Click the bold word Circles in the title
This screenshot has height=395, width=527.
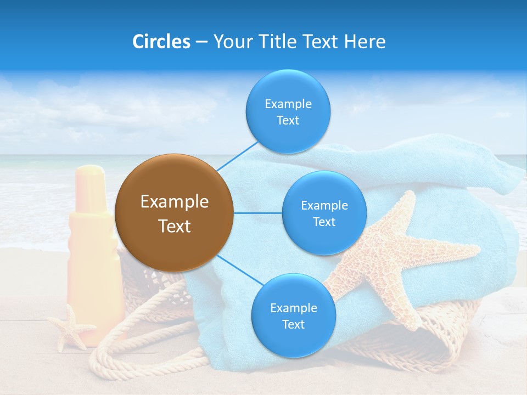click(x=161, y=42)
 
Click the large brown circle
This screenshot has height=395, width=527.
click(x=174, y=213)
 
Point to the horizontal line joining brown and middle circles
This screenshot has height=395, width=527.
click(x=257, y=213)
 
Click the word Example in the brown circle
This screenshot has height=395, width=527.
click(x=174, y=201)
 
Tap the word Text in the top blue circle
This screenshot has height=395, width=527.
click(x=288, y=121)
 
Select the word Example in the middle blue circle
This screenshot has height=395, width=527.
click(x=324, y=205)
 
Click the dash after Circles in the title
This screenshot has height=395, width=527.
click(x=201, y=42)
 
